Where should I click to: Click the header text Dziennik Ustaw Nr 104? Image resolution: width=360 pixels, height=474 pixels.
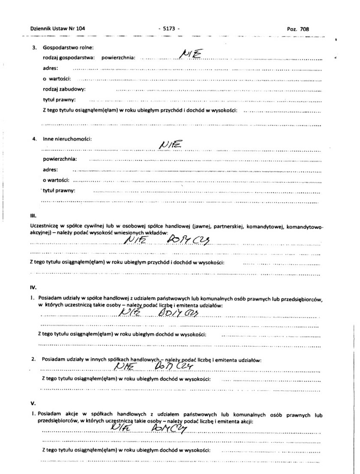(x=58, y=29)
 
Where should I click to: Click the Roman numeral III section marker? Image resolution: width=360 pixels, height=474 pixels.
(x=33, y=216)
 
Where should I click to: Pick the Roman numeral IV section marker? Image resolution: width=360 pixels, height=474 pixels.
(x=33, y=287)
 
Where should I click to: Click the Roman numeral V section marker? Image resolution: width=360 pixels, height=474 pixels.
(x=33, y=403)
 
